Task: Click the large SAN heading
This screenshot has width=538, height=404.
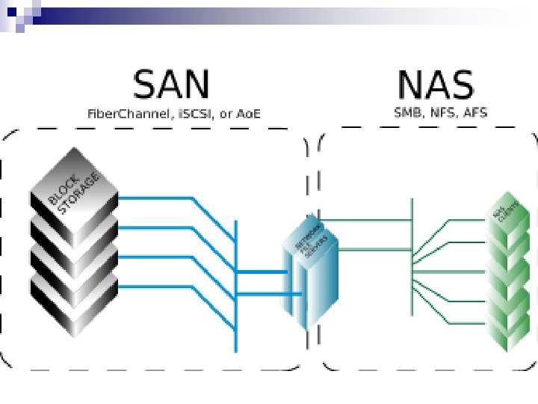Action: pos(171,85)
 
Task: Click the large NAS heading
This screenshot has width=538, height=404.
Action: pos(436,85)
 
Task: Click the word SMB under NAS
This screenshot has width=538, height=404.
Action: pos(409,113)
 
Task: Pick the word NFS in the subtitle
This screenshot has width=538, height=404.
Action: pos(443,113)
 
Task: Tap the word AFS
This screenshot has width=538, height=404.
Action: pos(475,113)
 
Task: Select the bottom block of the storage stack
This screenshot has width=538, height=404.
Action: pos(73,303)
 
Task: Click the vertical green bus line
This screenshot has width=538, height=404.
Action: pos(412,224)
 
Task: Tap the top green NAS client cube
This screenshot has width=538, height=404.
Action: pos(511,217)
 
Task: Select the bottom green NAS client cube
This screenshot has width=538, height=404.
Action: pos(513,329)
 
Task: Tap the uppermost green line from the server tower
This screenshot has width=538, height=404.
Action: pos(366,220)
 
